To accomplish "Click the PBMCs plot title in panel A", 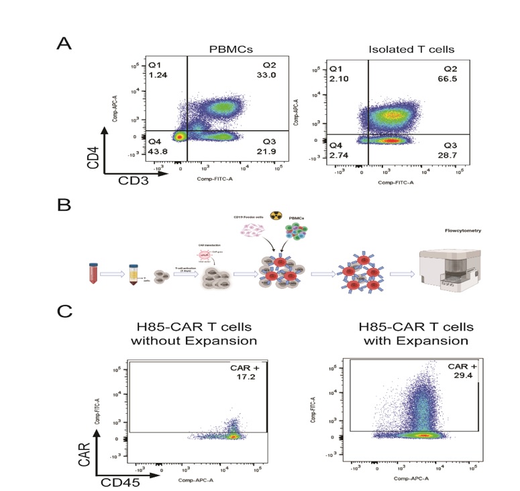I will click(x=225, y=50).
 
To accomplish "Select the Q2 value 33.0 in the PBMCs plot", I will click(x=269, y=76).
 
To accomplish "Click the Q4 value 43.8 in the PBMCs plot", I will click(x=157, y=151).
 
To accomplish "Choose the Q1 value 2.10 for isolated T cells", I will click(x=336, y=79).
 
